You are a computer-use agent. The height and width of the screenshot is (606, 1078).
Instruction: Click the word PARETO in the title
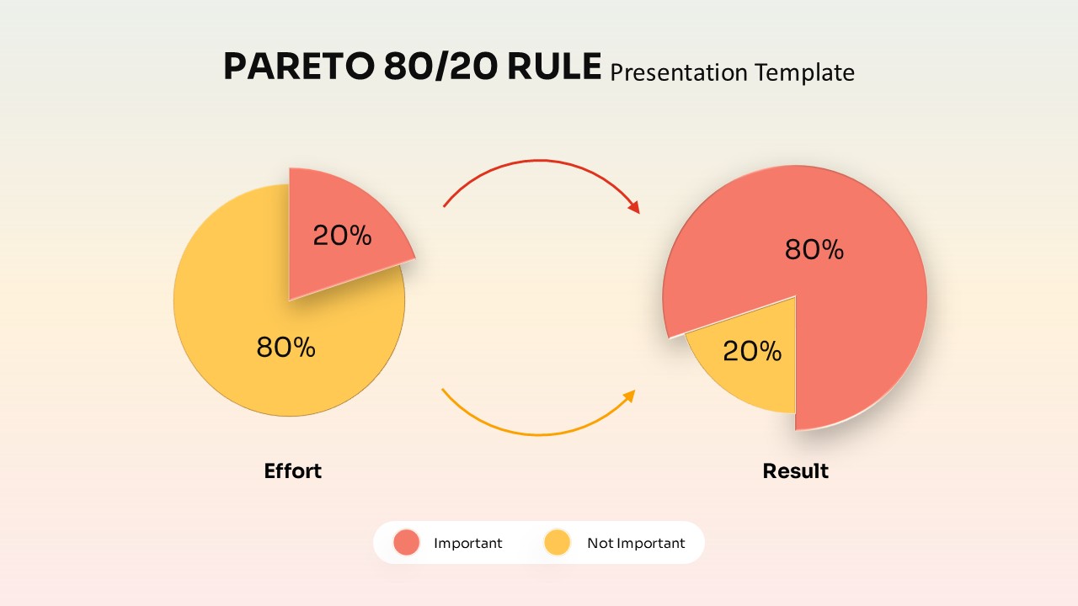298,66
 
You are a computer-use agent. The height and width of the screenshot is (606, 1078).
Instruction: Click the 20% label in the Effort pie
342,236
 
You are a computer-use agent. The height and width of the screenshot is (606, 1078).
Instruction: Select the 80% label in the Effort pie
286,347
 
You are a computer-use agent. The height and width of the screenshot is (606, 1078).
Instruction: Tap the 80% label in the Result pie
814,249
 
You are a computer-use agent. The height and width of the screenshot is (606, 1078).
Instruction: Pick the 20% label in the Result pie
752,351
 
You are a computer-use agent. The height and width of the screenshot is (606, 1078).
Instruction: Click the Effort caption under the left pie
292,470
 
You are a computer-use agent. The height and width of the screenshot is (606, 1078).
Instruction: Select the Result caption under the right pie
795,470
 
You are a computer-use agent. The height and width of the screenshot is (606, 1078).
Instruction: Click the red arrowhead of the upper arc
634,207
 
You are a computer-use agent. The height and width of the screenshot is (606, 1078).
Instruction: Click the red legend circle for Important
407,543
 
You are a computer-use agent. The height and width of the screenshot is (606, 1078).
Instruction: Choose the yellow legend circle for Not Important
558,543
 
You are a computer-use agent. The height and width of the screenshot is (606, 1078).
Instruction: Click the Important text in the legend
467,543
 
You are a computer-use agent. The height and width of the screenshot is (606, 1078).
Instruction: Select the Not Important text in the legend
636,543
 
